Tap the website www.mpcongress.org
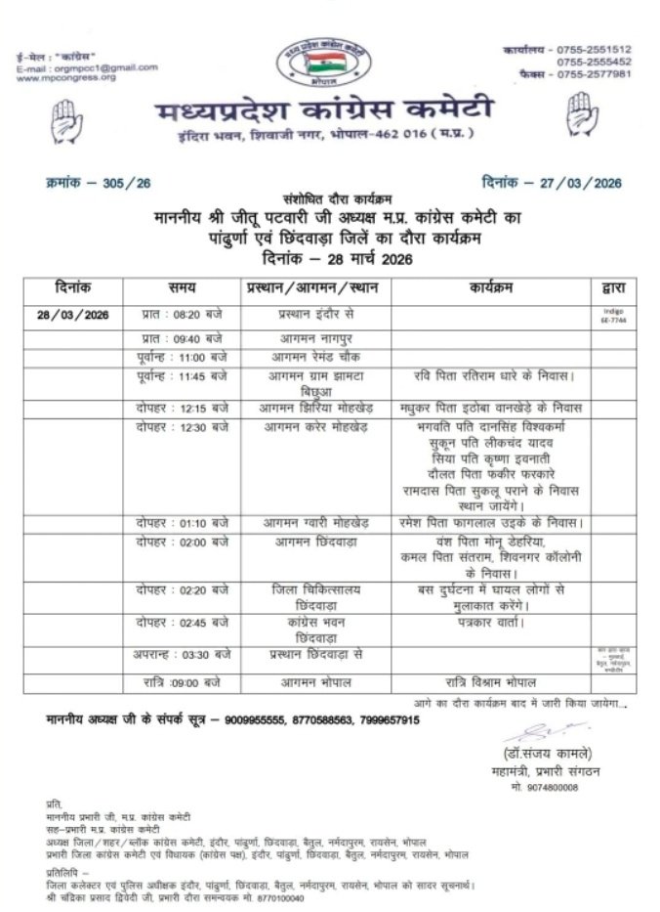(66, 77)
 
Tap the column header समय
(182, 287)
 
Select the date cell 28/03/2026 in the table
(74, 315)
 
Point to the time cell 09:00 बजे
(193, 680)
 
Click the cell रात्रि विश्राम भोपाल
(490, 680)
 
